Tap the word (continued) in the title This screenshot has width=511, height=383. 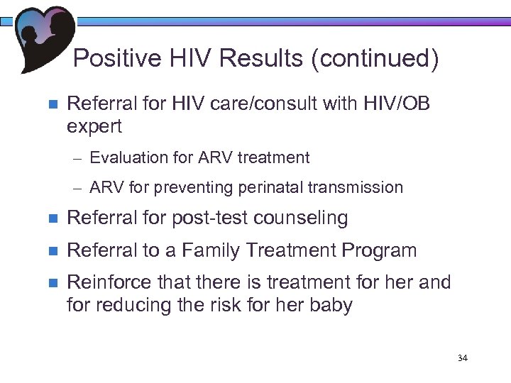point(373,59)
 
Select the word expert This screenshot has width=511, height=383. point(94,126)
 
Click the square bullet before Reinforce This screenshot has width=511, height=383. point(50,283)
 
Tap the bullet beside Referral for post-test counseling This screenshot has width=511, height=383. point(50,218)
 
